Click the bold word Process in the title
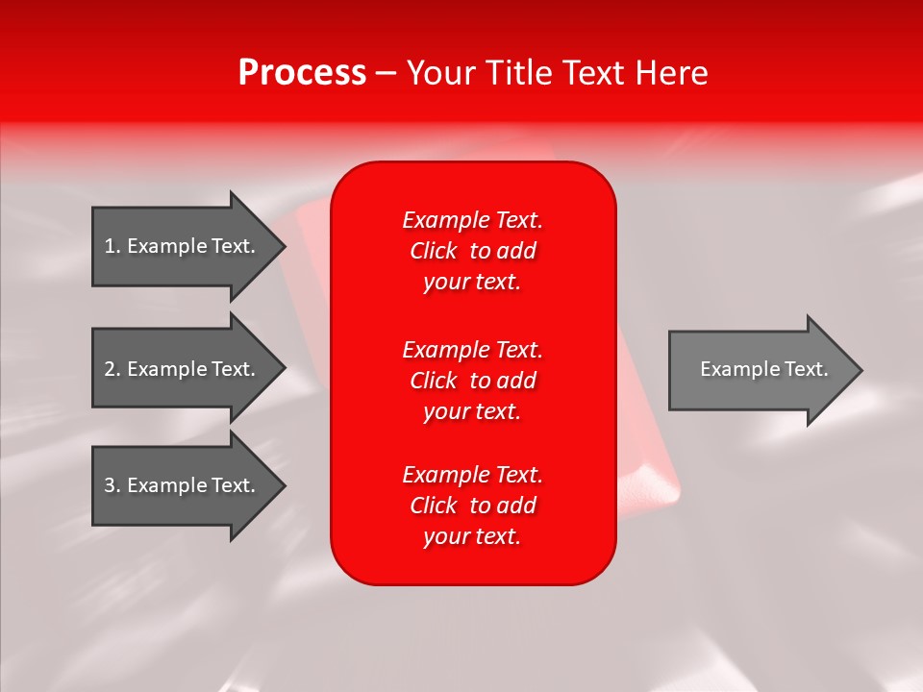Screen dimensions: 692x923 pos(302,73)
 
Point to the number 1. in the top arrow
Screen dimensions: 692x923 pos(112,246)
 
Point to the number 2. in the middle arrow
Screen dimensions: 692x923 pos(112,369)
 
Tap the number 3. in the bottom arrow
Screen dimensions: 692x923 pos(112,485)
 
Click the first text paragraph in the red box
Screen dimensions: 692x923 pos(472,251)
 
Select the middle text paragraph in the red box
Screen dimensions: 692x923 pos(472,381)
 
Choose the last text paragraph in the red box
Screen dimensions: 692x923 pos(472,506)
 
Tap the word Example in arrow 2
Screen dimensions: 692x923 pos(167,369)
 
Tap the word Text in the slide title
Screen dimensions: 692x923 pos(592,73)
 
